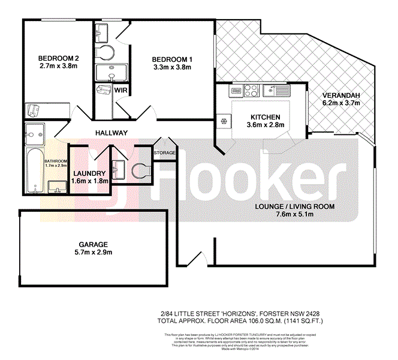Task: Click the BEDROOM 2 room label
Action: pyautogui.click(x=58, y=58)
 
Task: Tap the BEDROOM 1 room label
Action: pyautogui.click(x=171, y=58)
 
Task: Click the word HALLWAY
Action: pyautogui.click(x=111, y=133)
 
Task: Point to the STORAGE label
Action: pyautogui.click(x=165, y=153)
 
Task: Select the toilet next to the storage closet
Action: pyautogui.click(x=141, y=172)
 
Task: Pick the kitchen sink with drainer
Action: pyautogui.click(x=276, y=92)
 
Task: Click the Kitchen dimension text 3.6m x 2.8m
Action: pyautogui.click(x=262, y=125)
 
